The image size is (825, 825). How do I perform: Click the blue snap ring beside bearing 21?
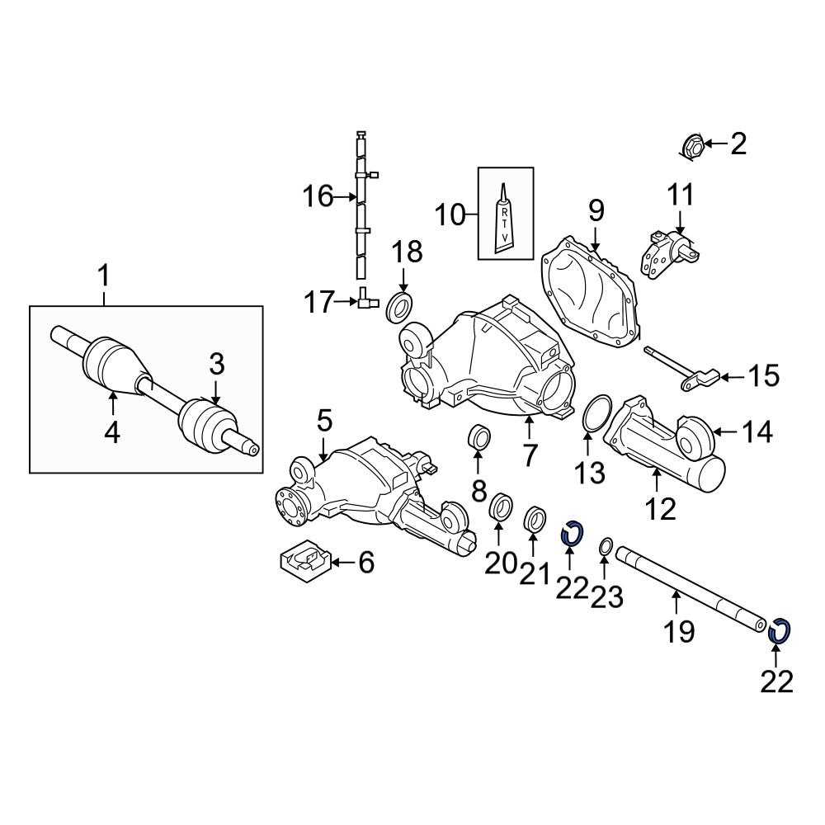click(x=572, y=535)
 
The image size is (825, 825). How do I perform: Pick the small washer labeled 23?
click(x=603, y=546)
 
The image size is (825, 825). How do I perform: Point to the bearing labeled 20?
click(x=499, y=507)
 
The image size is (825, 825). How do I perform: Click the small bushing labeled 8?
click(x=478, y=437)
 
